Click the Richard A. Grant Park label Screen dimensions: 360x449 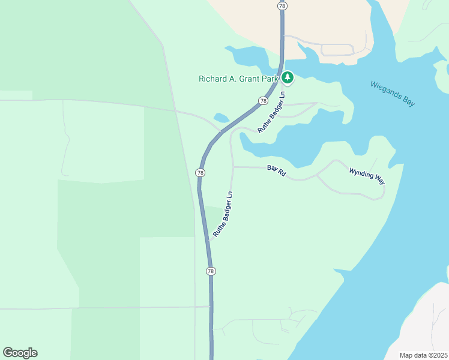pyautogui.click(x=240, y=78)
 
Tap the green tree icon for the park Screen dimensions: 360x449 pyautogui.click(x=288, y=77)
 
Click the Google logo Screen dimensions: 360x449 pyautogui.click(x=20, y=353)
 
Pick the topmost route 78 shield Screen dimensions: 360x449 pyautogui.click(x=282, y=5)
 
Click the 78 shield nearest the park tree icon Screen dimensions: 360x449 pyautogui.click(x=263, y=101)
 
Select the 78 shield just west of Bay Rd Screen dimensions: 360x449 pyautogui.click(x=200, y=173)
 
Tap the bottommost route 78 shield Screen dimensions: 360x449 pyautogui.click(x=211, y=271)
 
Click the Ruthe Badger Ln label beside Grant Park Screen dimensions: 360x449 pyautogui.click(x=271, y=112)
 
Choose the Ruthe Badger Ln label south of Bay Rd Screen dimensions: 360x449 pyautogui.click(x=223, y=213)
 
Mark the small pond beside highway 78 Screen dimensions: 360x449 pyautogui.click(x=221, y=118)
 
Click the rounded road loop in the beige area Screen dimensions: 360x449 pyautogui.click(x=339, y=50)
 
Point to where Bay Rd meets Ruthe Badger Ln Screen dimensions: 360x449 pyautogui.click(x=233, y=167)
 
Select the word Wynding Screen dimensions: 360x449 pyautogui.click(x=360, y=173)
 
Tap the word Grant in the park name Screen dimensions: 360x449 pyautogui.click(x=252, y=78)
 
